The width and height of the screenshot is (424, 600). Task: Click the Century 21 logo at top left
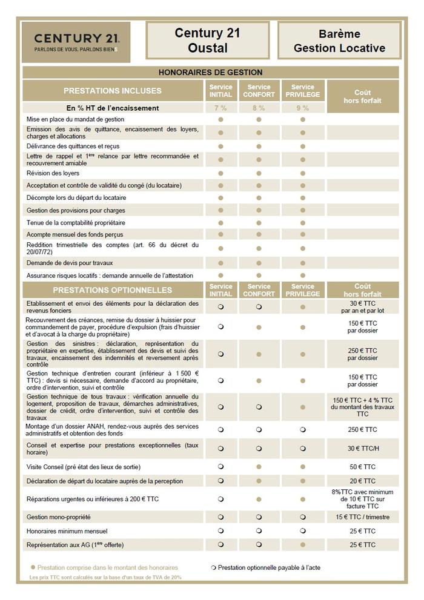pos(76,42)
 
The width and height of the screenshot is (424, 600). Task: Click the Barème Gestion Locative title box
pos(339,41)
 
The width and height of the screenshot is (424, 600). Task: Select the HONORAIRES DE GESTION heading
pos(210,72)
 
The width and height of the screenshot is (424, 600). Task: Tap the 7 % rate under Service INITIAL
pos(220,108)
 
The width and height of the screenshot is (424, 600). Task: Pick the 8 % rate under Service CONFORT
pos(259,108)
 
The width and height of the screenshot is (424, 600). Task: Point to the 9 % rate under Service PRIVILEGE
pos(302,108)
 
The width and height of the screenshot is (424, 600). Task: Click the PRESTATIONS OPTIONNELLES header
pos(113,290)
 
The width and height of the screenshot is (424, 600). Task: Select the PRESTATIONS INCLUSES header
pos(113,91)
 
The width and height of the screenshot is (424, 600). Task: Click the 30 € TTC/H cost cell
pos(363,449)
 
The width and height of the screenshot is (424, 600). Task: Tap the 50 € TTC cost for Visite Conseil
pos(363,467)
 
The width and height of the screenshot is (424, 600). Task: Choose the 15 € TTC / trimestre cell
pos(363,517)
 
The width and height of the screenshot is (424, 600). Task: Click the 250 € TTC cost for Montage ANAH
pos(363,429)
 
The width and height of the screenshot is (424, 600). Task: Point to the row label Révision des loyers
pos(53,173)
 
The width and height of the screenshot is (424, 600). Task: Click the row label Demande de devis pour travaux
pos(70,263)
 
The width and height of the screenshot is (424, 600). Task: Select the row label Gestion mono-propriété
pos(59,517)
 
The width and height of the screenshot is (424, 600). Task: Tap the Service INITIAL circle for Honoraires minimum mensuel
pos(220,531)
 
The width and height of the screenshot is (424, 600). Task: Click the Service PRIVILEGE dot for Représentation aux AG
pos(302,545)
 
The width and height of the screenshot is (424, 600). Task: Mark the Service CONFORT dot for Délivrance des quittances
pos(259,146)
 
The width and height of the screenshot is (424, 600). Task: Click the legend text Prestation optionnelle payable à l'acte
pos(269,567)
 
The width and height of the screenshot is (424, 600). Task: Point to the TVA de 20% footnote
pos(106,578)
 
